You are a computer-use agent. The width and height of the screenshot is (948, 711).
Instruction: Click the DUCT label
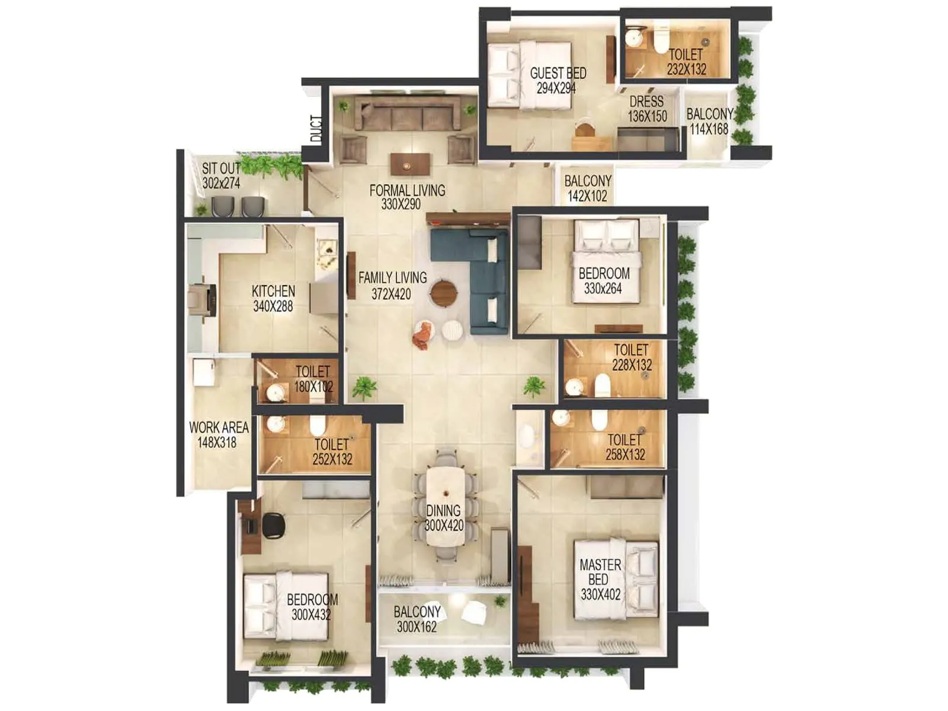click(x=316, y=129)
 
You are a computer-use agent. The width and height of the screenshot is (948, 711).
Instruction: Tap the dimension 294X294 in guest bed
click(x=556, y=88)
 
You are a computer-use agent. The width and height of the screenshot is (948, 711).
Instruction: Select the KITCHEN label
click(x=273, y=291)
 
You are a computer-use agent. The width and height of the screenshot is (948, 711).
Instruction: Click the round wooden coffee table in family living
click(x=443, y=293)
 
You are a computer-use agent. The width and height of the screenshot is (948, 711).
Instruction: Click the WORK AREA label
click(x=218, y=427)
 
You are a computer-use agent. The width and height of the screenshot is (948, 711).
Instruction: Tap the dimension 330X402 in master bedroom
click(x=600, y=594)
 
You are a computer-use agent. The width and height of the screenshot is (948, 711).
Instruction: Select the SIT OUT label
click(x=220, y=169)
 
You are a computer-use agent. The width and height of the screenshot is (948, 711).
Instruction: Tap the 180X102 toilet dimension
click(x=313, y=387)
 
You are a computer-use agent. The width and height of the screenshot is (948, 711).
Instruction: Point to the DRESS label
click(x=646, y=101)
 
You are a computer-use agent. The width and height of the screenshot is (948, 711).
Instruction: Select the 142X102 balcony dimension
click(x=587, y=196)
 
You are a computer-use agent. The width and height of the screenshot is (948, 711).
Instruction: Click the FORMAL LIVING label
click(x=407, y=190)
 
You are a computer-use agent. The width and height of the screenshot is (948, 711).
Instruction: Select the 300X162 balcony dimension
click(x=417, y=627)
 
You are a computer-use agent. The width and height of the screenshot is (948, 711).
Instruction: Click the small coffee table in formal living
click(x=410, y=165)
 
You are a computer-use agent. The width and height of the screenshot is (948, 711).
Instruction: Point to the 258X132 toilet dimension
click(x=625, y=454)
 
